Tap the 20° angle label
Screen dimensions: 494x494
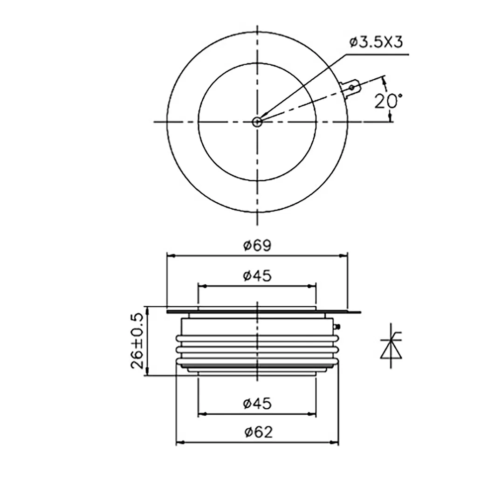click(x=388, y=101)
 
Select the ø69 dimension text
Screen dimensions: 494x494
click(x=257, y=245)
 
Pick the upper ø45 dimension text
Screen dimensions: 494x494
click(x=257, y=276)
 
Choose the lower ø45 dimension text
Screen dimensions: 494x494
click(x=257, y=404)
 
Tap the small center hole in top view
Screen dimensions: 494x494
click(x=257, y=122)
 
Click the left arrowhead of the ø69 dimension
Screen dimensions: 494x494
click(x=170, y=255)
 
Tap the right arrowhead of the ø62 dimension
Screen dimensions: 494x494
click(x=335, y=442)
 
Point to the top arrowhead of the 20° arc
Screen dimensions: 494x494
click(x=384, y=80)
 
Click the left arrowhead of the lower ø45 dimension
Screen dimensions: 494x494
click(x=201, y=413)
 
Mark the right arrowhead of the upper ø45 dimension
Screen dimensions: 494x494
click(x=312, y=286)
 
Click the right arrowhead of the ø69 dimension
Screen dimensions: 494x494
click(x=344, y=255)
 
